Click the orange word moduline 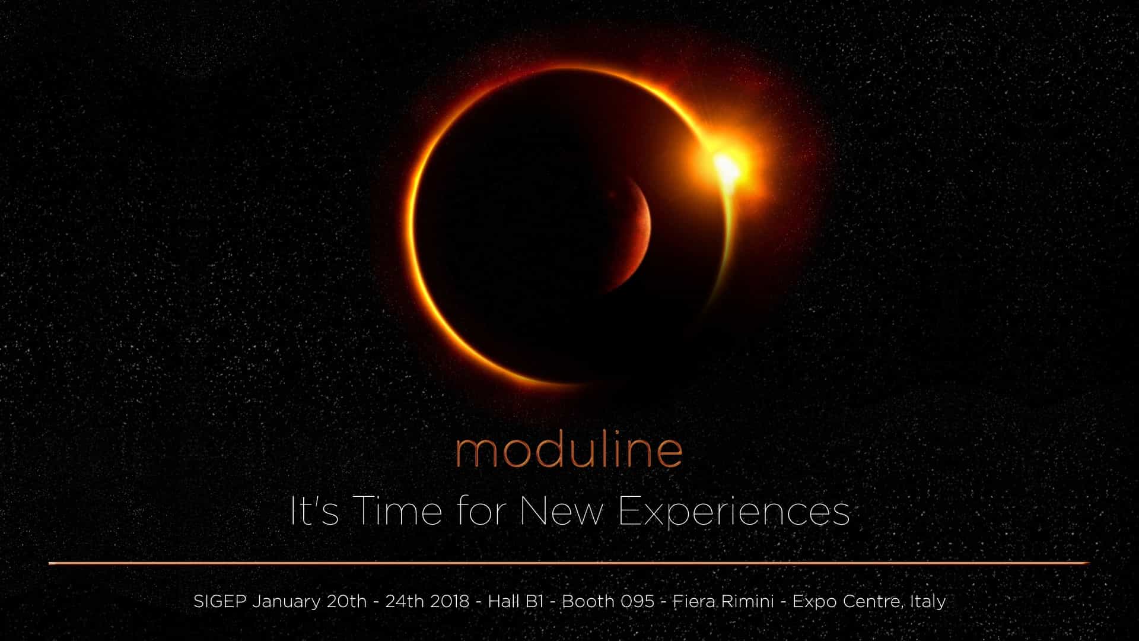(x=569, y=452)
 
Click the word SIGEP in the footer (x=220, y=601)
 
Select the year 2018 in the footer (x=450, y=601)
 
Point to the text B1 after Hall (x=534, y=601)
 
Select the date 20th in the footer (x=346, y=601)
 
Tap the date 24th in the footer (x=405, y=601)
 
